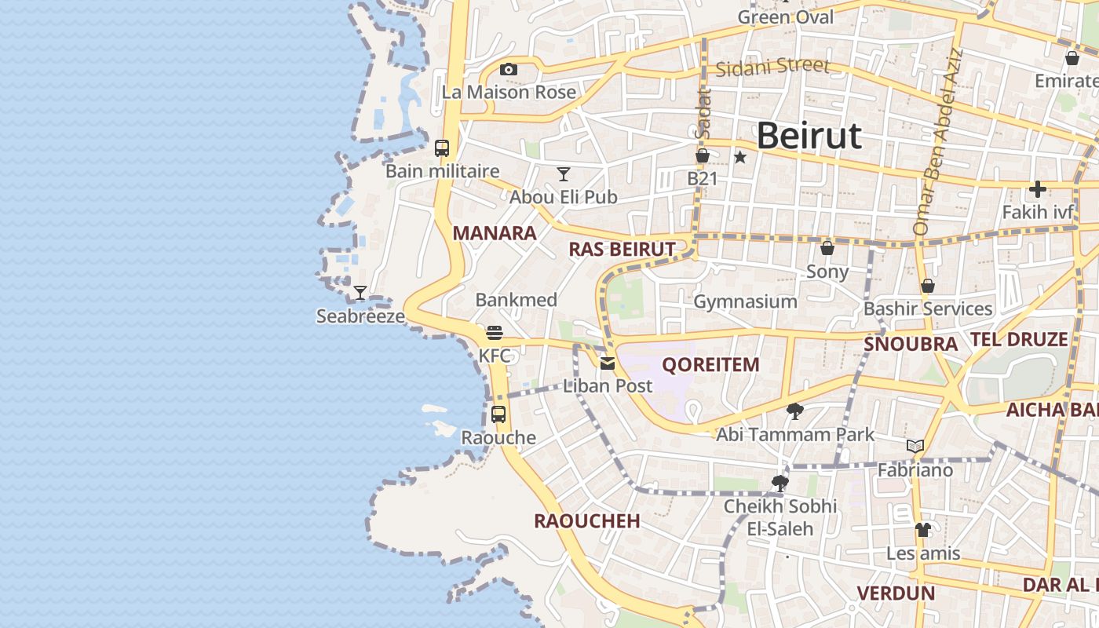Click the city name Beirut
click(809, 136)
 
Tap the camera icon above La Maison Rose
click(509, 70)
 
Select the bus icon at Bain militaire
click(442, 148)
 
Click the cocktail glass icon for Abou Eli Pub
click(563, 173)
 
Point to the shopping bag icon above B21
click(703, 156)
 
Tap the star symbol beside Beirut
click(739, 157)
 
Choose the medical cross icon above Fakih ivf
click(1038, 189)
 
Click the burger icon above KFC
click(494, 333)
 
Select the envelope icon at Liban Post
click(608, 363)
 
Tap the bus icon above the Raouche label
click(498, 414)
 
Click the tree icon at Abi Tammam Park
click(794, 411)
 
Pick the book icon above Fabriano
click(915, 447)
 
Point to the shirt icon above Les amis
click(923, 530)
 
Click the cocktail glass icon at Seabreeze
click(360, 293)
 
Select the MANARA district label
click(495, 233)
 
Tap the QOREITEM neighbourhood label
click(710, 364)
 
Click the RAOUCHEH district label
click(586, 521)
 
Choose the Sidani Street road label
click(772, 67)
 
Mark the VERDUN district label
click(896, 593)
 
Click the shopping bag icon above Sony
click(827, 249)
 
